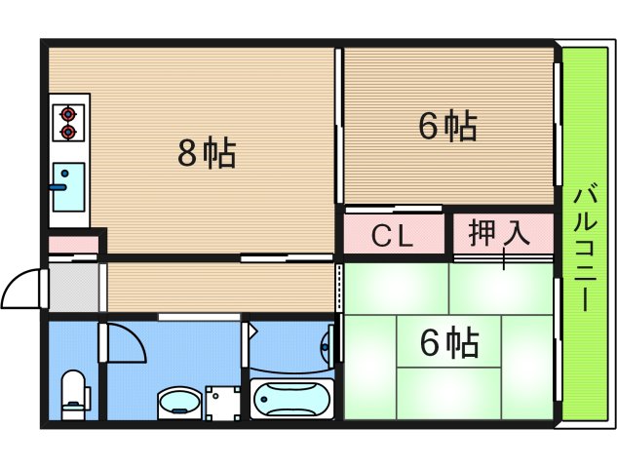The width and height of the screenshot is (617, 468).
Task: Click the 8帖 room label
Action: click(207, 153)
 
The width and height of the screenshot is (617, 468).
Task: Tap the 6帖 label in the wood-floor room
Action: click(447, 127)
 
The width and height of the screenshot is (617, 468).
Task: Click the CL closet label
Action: click(394, 235)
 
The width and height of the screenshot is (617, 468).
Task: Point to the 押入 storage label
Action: click(498, 234)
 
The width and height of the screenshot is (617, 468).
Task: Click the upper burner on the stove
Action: click(68, 112)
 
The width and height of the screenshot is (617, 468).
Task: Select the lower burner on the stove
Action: click(68, 131)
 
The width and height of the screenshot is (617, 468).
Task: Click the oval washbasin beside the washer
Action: click(178, 401)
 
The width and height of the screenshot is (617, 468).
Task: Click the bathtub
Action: click(291, 399)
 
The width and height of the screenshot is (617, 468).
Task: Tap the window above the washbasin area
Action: click(199, 316)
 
